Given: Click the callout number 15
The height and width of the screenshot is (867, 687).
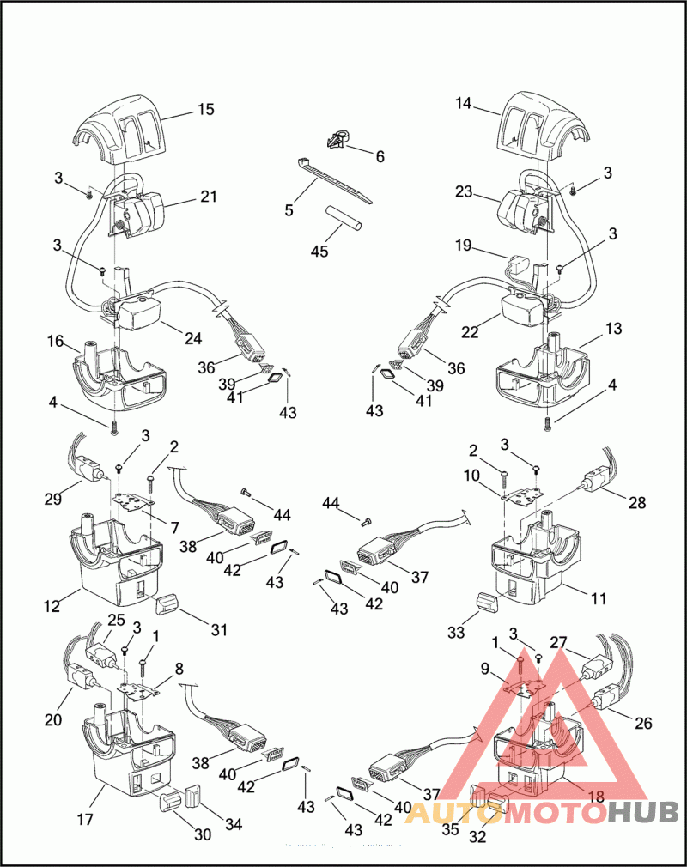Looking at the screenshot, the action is [206, 110].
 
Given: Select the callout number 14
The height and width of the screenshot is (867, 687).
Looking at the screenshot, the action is [464, 103].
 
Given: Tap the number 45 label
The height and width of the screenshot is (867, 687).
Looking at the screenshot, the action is [319, 251].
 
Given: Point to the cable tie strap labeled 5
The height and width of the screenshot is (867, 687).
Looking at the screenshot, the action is [335, 180].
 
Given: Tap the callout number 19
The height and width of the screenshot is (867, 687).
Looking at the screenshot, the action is [464, 245].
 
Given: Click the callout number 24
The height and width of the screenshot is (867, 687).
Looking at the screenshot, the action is [193, 338].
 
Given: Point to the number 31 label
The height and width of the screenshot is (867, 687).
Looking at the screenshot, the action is [219, 629].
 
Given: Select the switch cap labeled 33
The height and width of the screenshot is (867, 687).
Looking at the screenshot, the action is [487, 601].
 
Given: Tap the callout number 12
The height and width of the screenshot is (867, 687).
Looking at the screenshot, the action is [52, 607].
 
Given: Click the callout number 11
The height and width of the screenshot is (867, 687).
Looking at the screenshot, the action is [599, 598].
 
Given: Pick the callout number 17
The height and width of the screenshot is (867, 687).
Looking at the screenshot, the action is [85, 818].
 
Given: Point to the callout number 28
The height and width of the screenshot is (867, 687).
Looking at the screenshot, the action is [637, 502].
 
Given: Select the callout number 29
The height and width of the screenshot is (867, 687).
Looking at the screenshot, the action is [53, 499].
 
